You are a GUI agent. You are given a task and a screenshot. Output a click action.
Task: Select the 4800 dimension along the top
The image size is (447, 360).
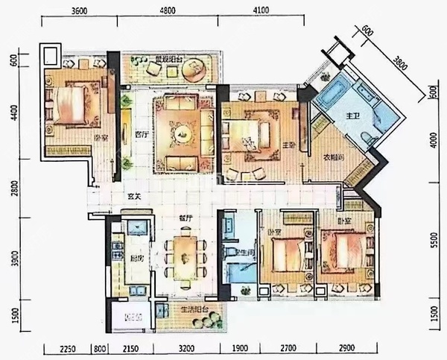pos(168,11)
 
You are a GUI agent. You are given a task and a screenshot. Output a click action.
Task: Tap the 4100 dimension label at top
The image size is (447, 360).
pos(260,11)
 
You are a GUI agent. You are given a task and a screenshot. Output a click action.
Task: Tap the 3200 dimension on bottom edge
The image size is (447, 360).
pos(186,349)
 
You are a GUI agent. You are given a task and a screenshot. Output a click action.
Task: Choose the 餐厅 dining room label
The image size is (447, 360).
pos(186,218)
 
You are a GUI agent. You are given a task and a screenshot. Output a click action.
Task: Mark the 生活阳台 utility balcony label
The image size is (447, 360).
pos(193,308)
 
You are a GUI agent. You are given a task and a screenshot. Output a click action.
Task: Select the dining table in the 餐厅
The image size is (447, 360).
pos(186,257)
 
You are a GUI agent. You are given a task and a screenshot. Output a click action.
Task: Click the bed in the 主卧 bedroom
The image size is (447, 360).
pos(250,134)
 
